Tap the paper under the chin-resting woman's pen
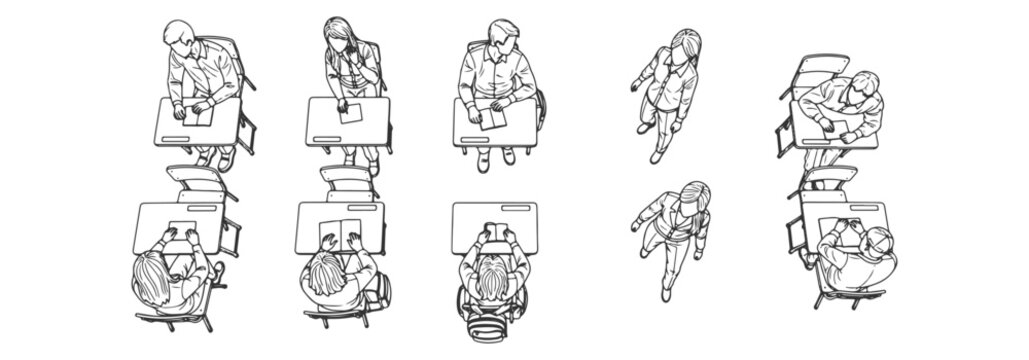(349, 113)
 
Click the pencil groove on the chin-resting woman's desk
(325, 138)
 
